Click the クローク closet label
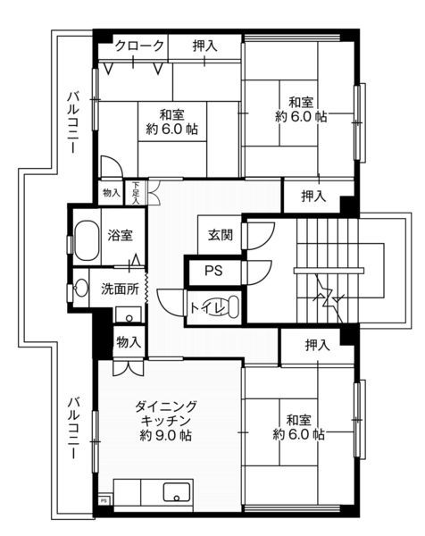[x=139, y=46]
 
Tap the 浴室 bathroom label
[x=121, y=236]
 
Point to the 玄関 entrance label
[x=221, y=235]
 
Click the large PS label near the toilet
[x=214, y=271]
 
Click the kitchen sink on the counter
[x=173, y=492]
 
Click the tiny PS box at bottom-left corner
[x=104, y=502]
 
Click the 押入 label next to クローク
[x=204, y=46]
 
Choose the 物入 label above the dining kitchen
[x=129, y=341]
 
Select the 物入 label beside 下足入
[x=111, y=193]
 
